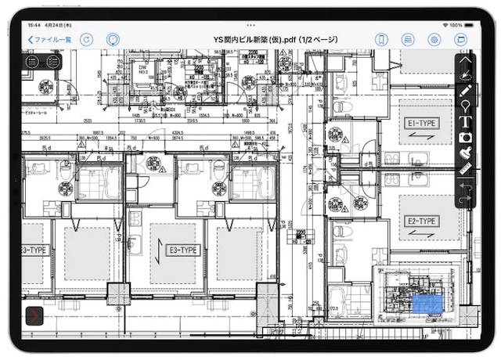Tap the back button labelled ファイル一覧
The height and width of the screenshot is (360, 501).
(49, 39)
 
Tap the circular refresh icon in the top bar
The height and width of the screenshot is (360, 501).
(87, 39)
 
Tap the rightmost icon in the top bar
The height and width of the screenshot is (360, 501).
(460, 39)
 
